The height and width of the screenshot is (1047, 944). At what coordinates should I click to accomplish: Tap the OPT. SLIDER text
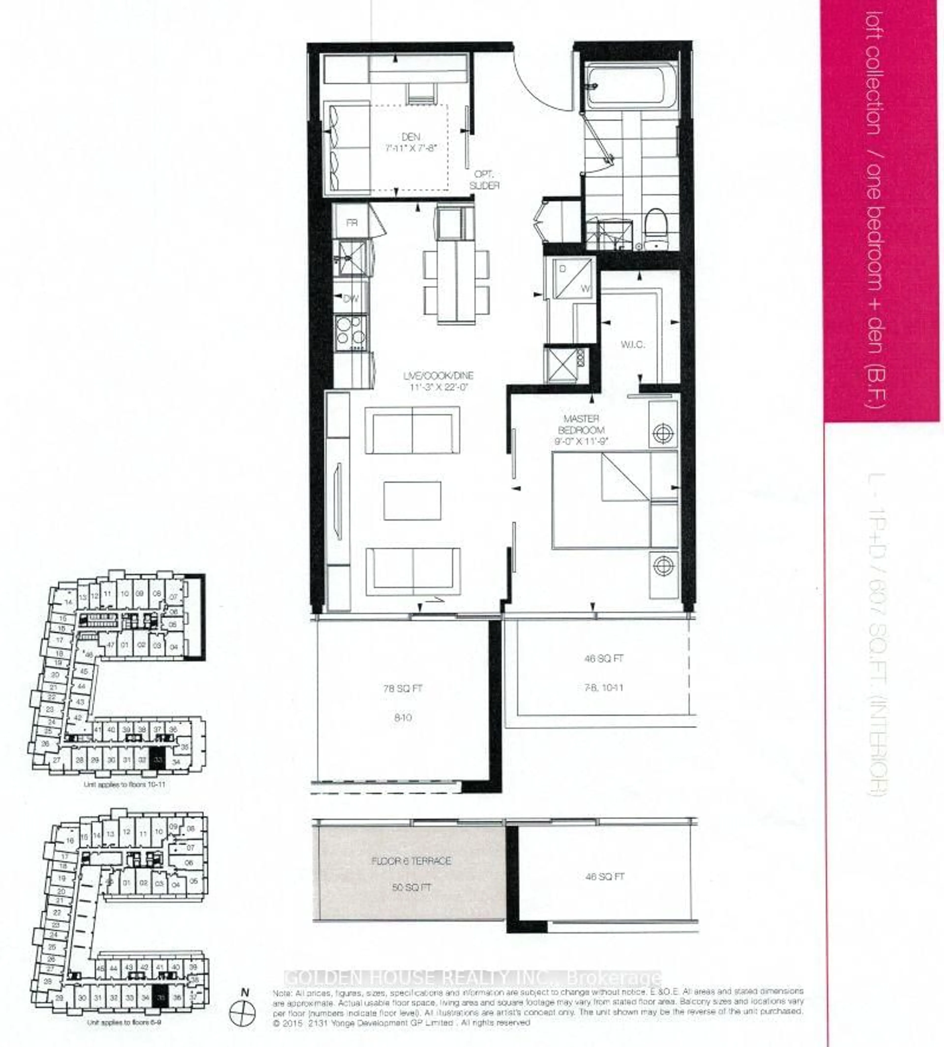485,180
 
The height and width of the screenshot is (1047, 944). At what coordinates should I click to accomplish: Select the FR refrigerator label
352,223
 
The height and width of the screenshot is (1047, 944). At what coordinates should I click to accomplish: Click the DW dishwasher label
351,299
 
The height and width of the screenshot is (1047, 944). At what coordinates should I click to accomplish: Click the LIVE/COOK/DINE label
438,381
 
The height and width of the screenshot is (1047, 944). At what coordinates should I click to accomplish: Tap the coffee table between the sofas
412,501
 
